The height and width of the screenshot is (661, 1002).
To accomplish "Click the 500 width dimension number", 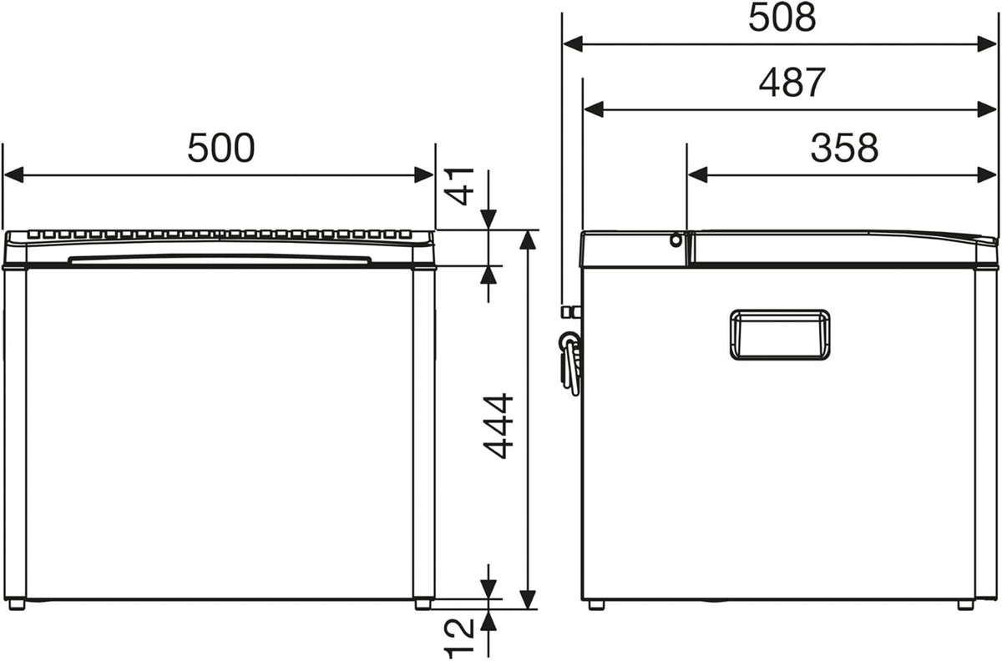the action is pyautogui.click(x=221, y=148).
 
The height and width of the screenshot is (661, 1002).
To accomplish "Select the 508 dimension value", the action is pyautogui.click(x=782, y=18).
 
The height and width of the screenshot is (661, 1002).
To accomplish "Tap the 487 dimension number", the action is pyautogui.click(x=792, y=83).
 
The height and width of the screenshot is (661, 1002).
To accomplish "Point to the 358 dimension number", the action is pyautogui.click(x=844, y=148).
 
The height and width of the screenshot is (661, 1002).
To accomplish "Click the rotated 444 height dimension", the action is pyautogui.click(x=498, y=426).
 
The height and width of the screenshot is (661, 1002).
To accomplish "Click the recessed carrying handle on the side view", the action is pyautogui.click(x=780, y=335).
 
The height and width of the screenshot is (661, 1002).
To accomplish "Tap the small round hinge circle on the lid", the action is pyautogui.click(x=676, y=240).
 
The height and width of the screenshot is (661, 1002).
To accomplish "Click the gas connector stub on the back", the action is pyautogui.click(x=571, y=311).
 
